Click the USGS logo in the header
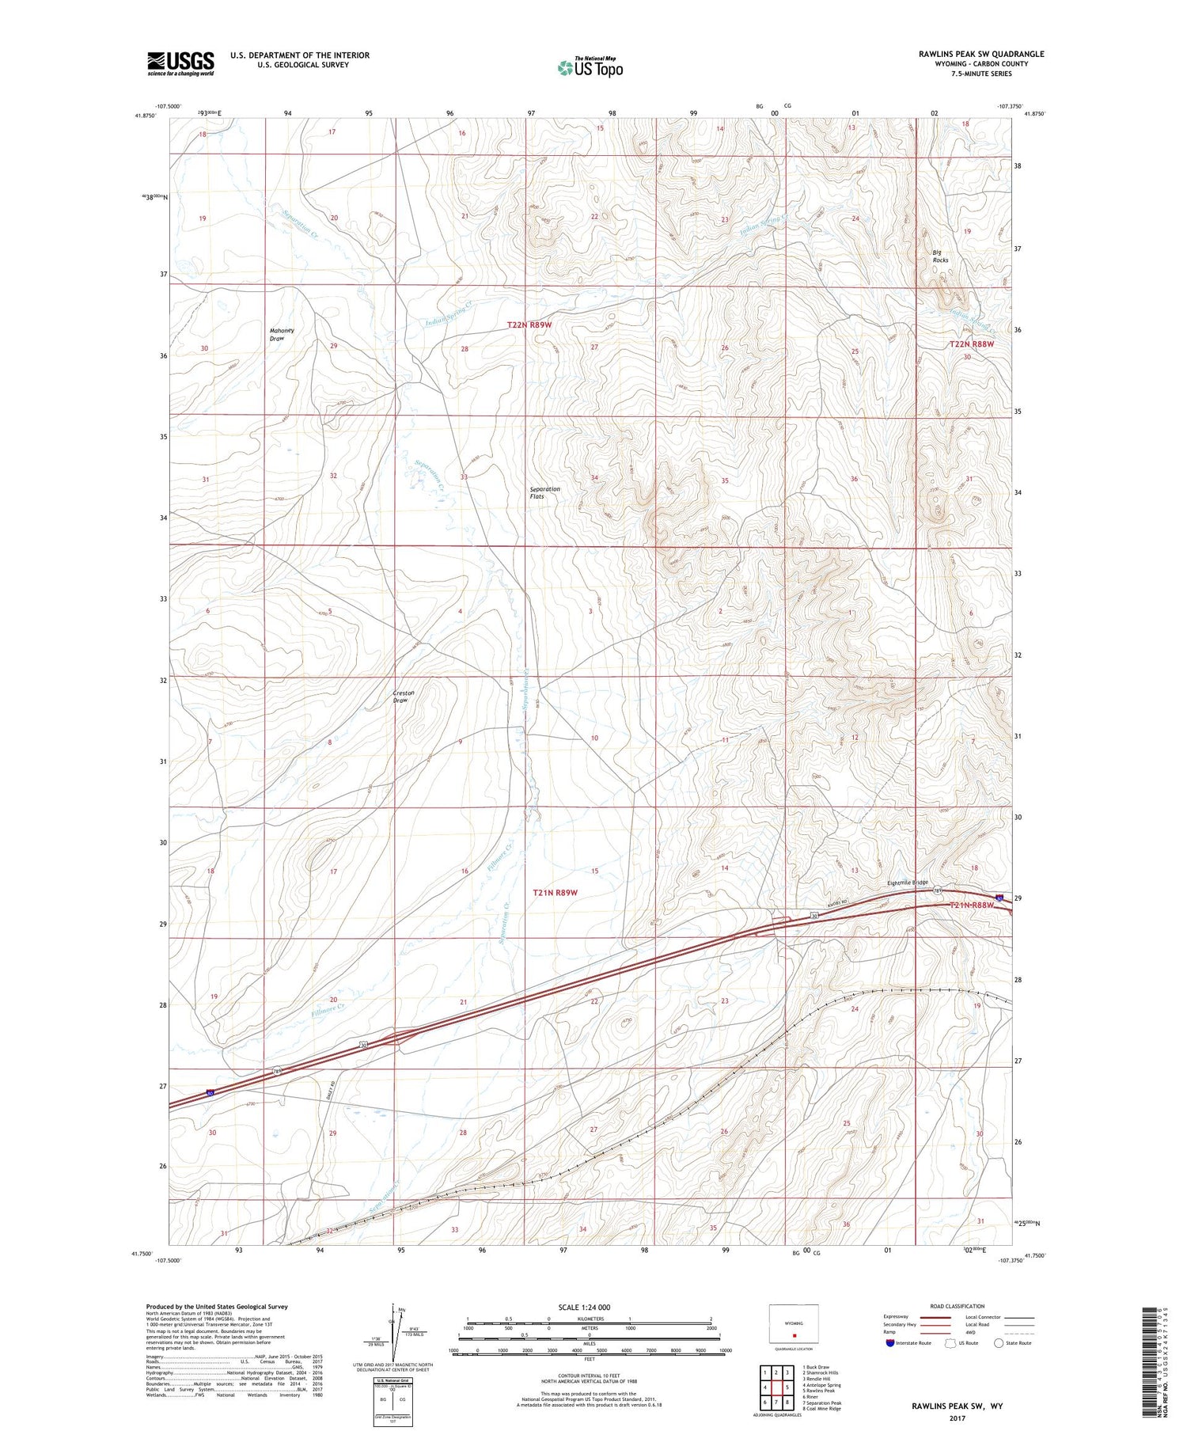pos(180,63)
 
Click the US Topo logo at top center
pos(590,68)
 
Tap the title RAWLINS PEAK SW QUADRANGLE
pos(981,54)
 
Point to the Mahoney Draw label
pos(282,334)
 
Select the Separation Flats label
pos(544,492)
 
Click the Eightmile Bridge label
pos(907,883)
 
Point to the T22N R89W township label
pos(529,325)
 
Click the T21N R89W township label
pos(555,892)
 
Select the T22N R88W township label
pos(971,344)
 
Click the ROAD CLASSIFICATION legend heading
pos(958,1306)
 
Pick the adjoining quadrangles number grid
pos(776,1388)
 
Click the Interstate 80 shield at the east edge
pos(1000,898)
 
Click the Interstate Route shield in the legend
pos(890,1343)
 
